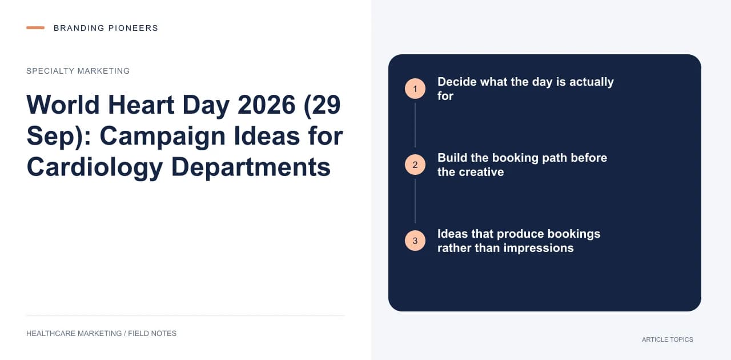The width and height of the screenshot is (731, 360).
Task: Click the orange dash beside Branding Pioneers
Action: pos(35,28)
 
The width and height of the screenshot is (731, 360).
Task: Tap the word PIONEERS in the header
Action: pos(133,28)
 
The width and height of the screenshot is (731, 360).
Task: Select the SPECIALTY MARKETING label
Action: pos(78,71)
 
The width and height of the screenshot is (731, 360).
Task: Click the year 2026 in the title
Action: pos(267,105)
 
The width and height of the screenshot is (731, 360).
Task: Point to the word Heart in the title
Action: pos(141,105)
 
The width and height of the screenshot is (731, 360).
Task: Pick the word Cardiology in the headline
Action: pos(95,167)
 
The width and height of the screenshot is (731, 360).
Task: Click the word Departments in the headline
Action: pos(251,167)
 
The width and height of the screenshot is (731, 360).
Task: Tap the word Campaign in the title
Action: pos(163,137)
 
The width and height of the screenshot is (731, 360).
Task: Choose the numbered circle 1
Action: pos(415,89)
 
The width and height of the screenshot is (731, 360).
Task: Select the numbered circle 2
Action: pos(415,165)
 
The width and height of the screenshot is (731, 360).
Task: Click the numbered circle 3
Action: pos(415,241)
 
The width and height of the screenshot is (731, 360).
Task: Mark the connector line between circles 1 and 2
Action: pos(415,125)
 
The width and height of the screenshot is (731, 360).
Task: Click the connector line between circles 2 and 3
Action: pos(415,201)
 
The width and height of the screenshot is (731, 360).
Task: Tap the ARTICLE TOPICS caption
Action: pos(668,340)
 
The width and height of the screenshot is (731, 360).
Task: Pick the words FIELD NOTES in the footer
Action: pos(152,334)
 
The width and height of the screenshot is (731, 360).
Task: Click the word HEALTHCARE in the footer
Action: pos(51,334)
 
